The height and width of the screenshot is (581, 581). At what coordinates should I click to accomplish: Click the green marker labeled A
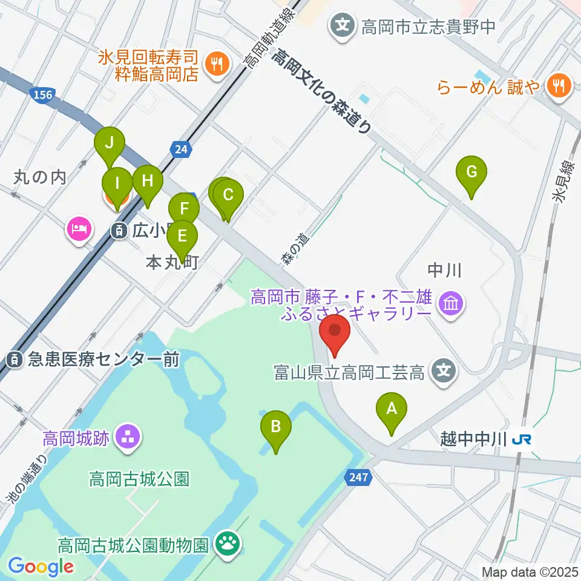tap(392, 410)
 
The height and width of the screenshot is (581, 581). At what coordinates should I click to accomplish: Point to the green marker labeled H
tap(147, 181)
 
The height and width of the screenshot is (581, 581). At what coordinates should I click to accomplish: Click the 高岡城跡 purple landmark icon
tap(127, 438)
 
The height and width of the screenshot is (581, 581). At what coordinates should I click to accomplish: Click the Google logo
tap(40, 566)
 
